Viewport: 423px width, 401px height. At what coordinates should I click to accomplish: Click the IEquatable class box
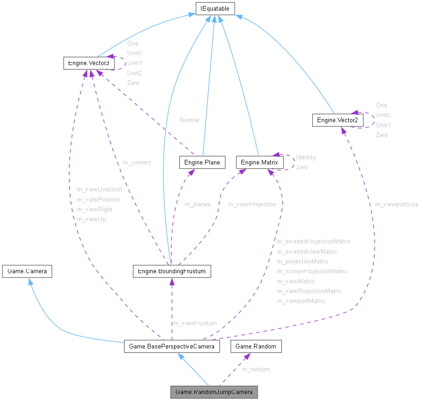215,8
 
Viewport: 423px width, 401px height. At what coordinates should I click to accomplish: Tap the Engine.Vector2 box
338,120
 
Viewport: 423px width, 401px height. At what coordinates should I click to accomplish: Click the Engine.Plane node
202,162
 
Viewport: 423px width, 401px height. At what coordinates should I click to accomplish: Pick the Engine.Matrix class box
260,162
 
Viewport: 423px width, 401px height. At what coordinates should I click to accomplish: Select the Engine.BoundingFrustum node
172,271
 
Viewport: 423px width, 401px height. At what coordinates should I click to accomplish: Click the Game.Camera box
27,271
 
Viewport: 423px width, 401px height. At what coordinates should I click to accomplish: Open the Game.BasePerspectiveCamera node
172,346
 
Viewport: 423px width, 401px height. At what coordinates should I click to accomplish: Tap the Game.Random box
256,346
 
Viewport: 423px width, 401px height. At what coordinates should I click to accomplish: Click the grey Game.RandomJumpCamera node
214,392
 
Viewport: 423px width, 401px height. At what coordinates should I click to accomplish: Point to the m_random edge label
256,369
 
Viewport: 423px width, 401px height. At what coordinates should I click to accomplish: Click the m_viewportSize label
397,204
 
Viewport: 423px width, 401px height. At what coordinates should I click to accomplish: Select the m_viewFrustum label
195,323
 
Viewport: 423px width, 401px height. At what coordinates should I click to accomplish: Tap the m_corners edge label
137,162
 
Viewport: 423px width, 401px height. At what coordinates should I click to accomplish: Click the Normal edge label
189,120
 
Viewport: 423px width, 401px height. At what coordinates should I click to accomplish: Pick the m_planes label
197,204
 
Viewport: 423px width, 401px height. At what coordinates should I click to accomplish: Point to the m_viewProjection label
252,204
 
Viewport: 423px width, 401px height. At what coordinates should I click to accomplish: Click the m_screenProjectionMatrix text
312,271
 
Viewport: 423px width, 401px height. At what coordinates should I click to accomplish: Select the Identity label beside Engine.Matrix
306,157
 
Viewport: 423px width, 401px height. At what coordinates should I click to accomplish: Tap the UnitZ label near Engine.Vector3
134,73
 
